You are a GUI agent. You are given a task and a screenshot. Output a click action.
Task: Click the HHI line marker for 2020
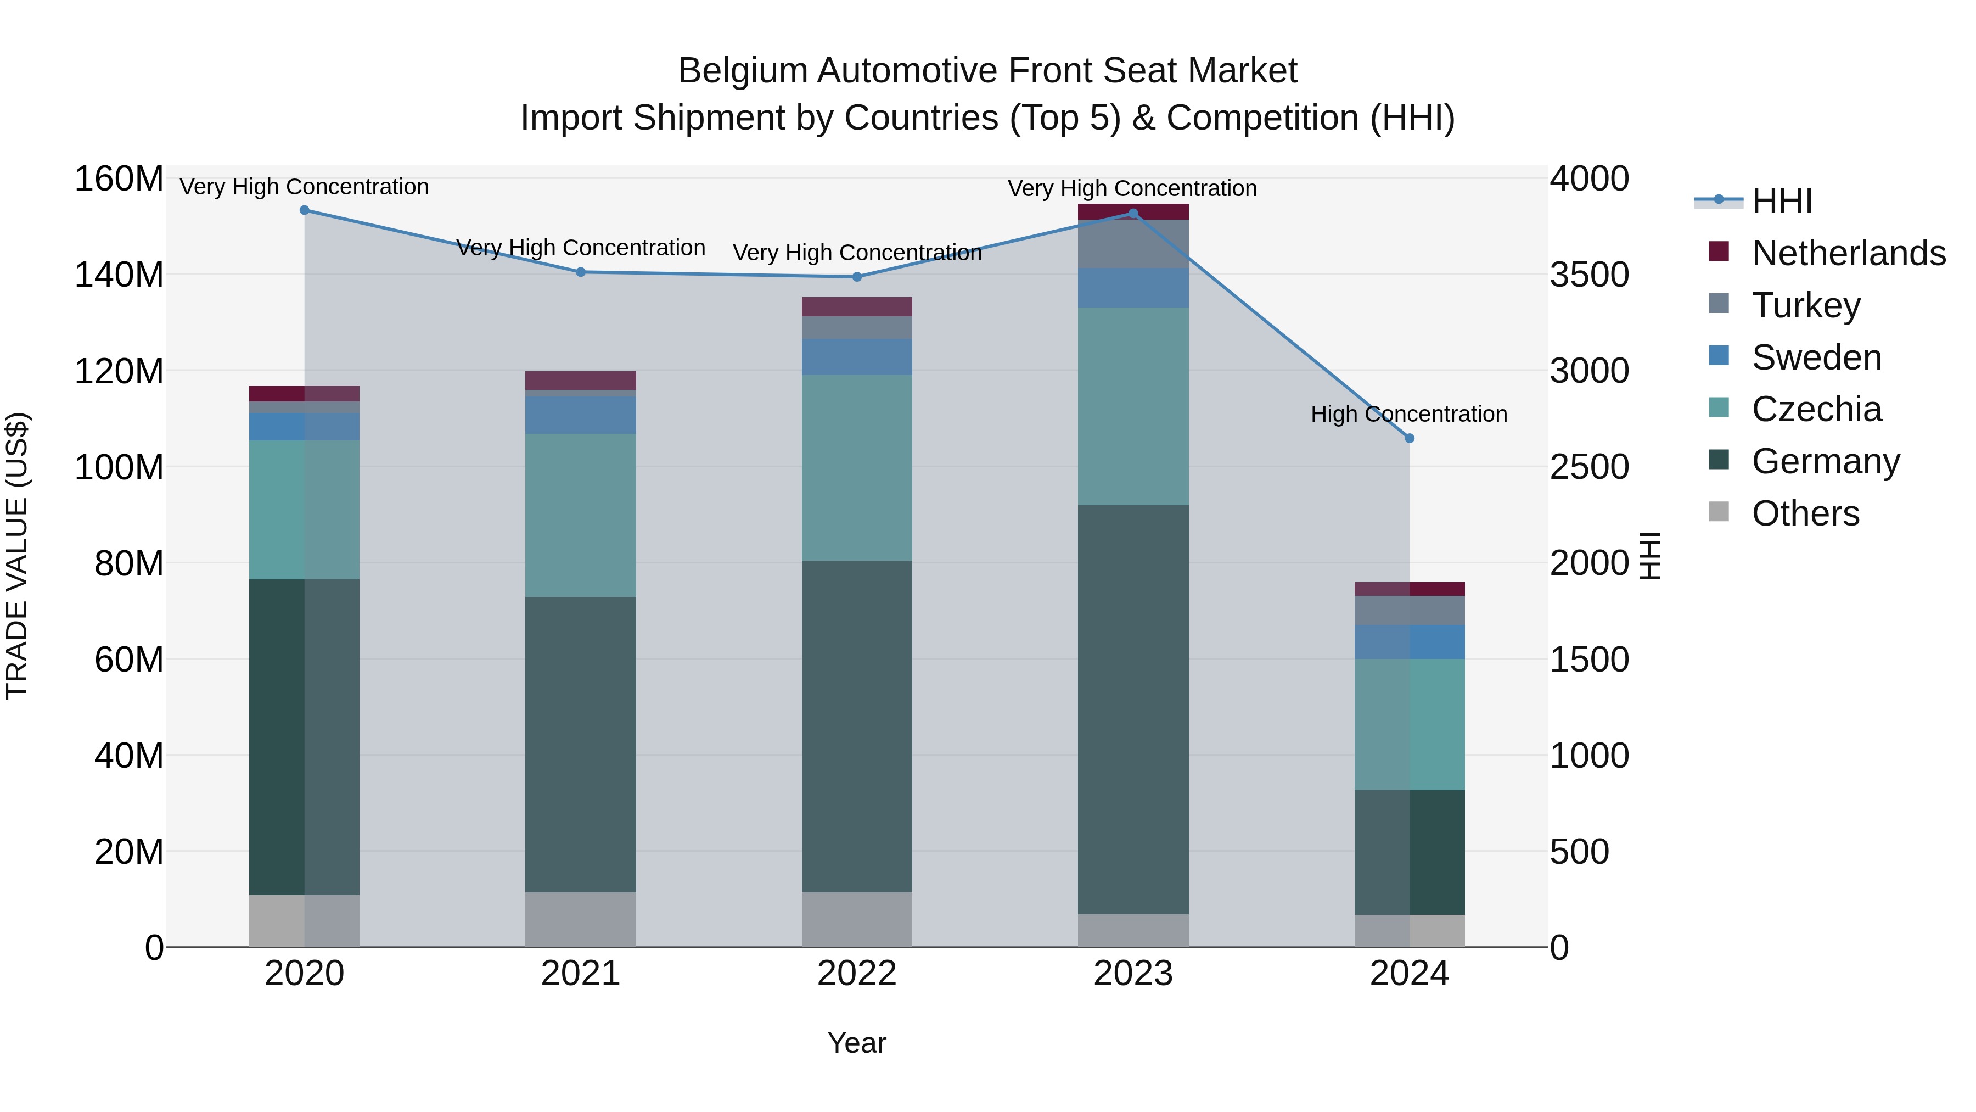tap(305, 210)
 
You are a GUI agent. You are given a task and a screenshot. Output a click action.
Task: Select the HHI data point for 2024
tap(1409, 438)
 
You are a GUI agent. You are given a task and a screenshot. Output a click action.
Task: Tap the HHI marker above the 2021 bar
tap(581, 272)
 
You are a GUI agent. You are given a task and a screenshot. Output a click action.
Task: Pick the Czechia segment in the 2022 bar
tap(857, 467)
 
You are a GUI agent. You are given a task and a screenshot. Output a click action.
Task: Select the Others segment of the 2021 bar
tap(581, 919)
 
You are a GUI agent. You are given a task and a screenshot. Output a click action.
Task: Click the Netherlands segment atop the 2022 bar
tap(857, 306)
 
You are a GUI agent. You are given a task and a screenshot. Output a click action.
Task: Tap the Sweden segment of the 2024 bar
tap(1409, 641)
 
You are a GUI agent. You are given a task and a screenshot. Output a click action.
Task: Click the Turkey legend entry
tap(1806, 305)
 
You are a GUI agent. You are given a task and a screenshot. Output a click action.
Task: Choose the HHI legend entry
tap(1781, 201)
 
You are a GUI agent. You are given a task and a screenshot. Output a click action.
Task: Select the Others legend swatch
tap(1719, 512)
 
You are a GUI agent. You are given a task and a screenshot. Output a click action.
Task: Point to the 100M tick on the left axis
tap(119, 467)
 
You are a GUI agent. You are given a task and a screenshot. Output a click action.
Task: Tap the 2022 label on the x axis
tap(857, 974)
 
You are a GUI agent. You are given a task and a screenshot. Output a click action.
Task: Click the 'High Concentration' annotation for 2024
tap(1408, 415)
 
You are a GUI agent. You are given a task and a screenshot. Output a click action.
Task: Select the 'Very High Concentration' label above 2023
tap(1132, 189)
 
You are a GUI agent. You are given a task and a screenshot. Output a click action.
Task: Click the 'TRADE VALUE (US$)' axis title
tap(17, 556)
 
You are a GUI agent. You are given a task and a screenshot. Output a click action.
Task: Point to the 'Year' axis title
tap(857, 1043)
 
